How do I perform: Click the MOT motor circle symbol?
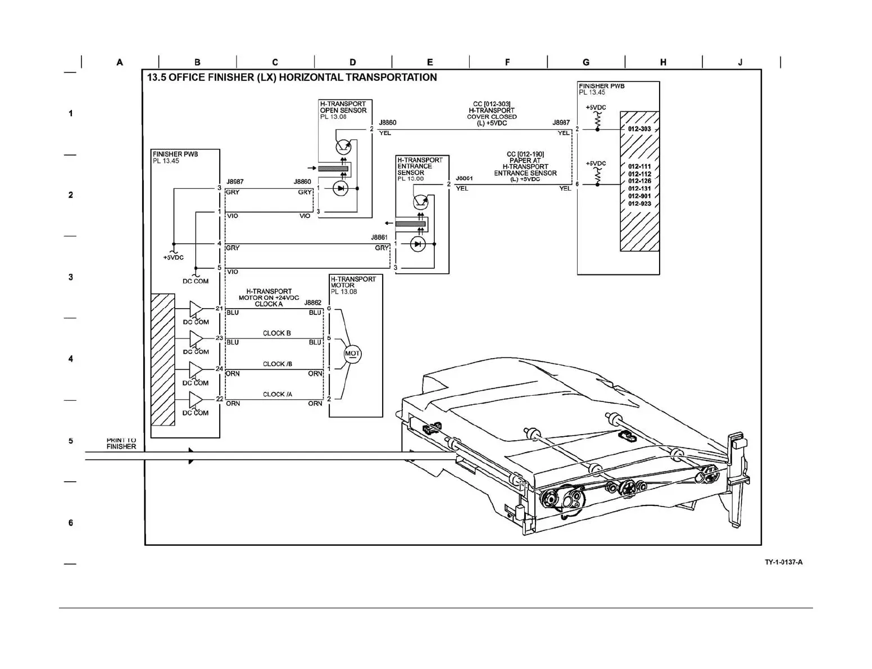tap(352, 354)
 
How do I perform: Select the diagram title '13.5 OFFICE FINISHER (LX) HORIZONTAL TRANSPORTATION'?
tap(292, 78)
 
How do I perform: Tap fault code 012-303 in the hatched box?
tap(639, 129)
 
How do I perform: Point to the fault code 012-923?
tap(639, 204)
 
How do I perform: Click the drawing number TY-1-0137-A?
tap(783, 562)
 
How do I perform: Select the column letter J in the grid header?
tap(740, 62)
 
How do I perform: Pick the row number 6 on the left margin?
tap(71, 523)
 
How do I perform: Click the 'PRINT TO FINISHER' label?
tap(121, 444)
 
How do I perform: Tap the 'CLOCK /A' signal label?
tap(278, 394)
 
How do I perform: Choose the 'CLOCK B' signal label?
tap(277, 333)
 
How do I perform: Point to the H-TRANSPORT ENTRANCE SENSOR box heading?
tap(420, 166)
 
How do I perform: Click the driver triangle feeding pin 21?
tap(196, 309)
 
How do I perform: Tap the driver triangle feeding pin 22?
tap(196, 399)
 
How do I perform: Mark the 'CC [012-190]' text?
tap(525, 154)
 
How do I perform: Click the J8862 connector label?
tap(313, 302)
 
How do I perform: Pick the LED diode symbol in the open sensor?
tap(340, 188)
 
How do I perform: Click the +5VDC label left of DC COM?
tap(173, 257)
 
